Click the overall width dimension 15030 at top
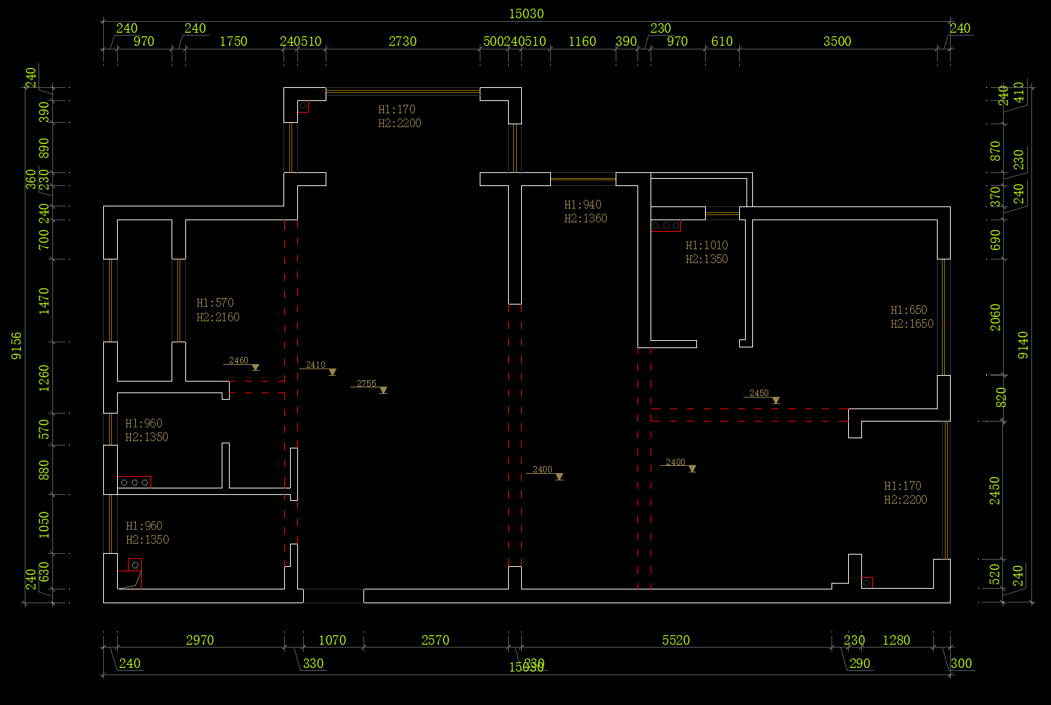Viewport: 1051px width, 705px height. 526,14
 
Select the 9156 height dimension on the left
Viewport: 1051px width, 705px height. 17,346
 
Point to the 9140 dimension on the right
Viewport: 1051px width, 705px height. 1023,345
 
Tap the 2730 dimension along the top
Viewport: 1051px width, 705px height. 403,41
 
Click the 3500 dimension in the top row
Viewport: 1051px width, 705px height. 837,41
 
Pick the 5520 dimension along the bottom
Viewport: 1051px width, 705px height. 676,640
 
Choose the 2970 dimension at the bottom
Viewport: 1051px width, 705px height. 200,640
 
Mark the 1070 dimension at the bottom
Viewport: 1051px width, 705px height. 332,640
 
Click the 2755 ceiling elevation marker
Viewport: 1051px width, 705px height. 367,384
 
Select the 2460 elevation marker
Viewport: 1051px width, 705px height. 239,360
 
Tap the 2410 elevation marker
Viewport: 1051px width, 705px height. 316,365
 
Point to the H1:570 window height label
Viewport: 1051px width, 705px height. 215,303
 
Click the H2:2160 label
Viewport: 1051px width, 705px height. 218,318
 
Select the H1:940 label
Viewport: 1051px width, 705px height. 583,205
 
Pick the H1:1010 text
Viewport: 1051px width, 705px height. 706,246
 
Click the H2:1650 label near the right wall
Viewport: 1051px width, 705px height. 912,324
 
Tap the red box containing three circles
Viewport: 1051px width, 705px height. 666,226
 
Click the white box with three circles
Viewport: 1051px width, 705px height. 134,482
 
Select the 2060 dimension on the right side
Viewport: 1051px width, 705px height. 995,317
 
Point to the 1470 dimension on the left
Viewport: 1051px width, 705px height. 44,300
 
